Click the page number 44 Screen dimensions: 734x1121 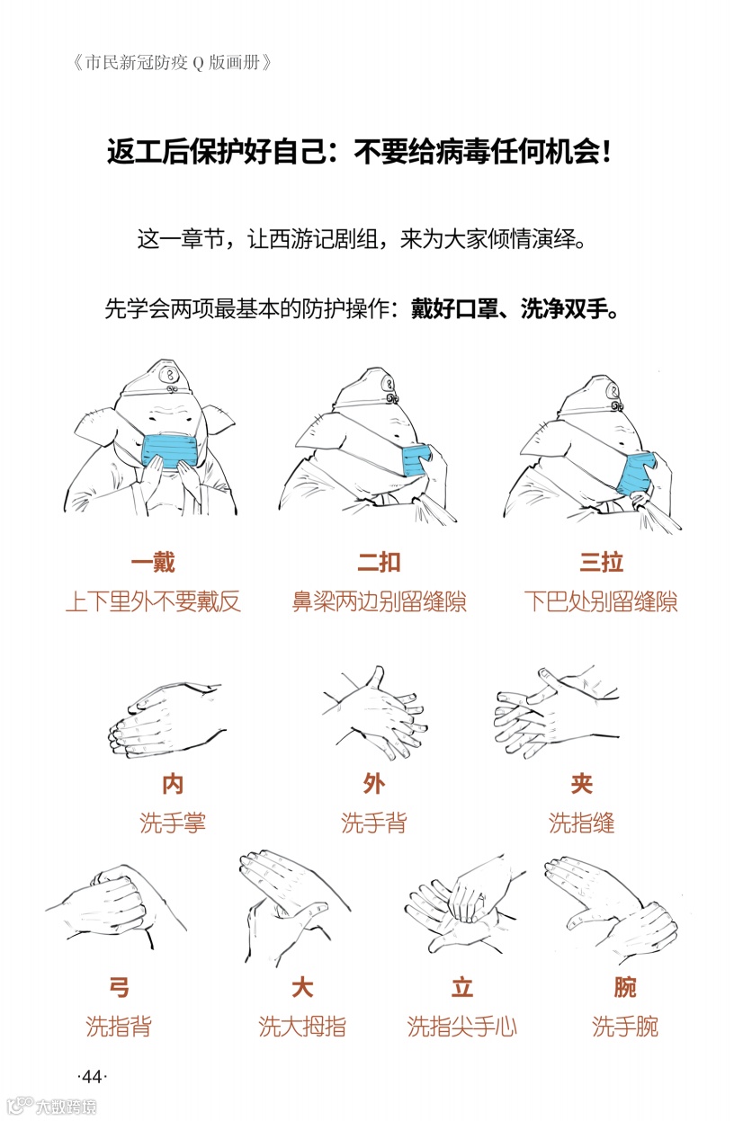coord(93,1076)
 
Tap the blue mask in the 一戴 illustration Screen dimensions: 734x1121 coord(169,451)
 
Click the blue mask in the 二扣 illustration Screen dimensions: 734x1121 coord(415,460)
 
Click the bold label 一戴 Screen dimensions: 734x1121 coord(153,562)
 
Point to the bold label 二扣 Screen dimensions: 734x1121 coord(379,562)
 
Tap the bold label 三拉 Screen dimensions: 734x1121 coord(601,562)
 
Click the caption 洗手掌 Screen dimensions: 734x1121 coord(173,823)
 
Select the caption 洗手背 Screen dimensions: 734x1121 coord(374,823)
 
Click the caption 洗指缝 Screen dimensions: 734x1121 coord(581,823)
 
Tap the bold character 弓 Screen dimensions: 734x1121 coord(119,987)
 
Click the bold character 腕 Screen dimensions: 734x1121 coord(625,987)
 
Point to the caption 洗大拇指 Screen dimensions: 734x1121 coord(302,1027)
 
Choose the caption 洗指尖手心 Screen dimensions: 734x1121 coord(461,1027)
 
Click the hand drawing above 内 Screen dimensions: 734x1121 coord(166,718)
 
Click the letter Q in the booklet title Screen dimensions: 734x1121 coord(198,63)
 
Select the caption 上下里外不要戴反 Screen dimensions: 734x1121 coord(153,601)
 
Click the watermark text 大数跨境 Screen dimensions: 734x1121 coord(66,1106)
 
